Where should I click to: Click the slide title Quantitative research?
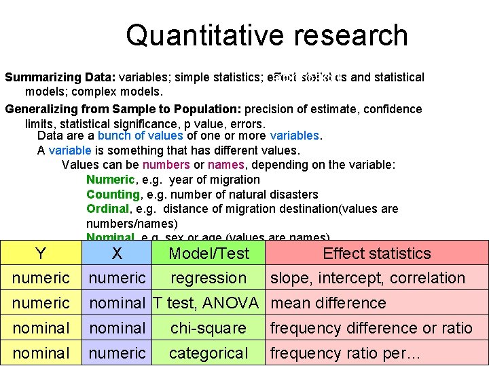click(266, 35)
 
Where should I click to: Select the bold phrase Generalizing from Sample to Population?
click(123, 109)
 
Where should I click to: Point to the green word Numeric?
click(110, 180)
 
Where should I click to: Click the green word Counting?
click(113, 195)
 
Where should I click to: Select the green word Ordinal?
click(107, 209)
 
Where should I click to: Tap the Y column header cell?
click(41, 253)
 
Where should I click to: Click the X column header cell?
click(117, 253)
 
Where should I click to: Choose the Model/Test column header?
click(209, 253)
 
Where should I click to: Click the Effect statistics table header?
click(376, 253)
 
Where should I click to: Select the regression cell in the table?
click(209, 278)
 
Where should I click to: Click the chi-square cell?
click(209, 328)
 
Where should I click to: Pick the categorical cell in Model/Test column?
click(209, 353)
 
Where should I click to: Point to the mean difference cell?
click(328, 303)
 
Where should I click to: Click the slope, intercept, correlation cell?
click(367, 278)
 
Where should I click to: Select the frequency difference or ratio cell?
click(371, 328)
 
